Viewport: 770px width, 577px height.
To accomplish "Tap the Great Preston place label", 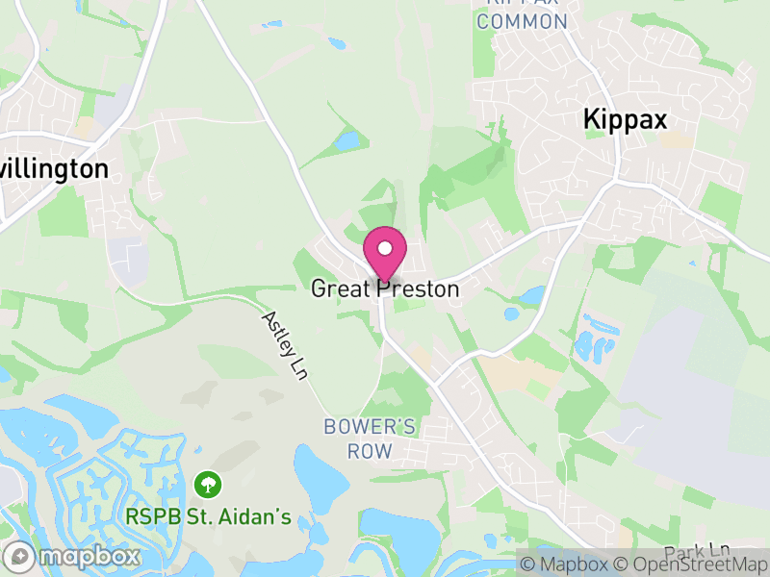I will [x=385, y=288].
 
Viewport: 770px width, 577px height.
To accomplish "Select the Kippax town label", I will [x=625, y=119].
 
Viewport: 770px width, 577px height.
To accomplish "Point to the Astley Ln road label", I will [x=283, y=345].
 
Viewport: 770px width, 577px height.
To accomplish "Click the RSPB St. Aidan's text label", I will [x=208, y=517].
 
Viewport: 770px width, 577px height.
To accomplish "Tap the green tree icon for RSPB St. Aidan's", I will [x=207, y=484].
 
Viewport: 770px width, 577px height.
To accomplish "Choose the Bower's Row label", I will [x=371, y=438].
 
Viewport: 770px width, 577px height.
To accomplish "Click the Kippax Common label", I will [x=522, y=13].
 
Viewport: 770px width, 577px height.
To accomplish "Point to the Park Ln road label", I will [x=697, y=550].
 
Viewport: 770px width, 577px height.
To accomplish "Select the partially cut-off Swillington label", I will [x=54, y=169].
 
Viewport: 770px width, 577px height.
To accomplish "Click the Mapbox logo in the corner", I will [x=73, y=556].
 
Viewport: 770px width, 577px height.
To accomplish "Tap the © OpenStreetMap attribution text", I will [x=690, y=564].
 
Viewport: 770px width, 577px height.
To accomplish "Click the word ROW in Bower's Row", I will [x=371, y=451].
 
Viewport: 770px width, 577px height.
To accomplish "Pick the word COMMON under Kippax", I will [x=522, y=21].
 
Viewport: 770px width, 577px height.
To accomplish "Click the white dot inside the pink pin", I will [x=385, y=248].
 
